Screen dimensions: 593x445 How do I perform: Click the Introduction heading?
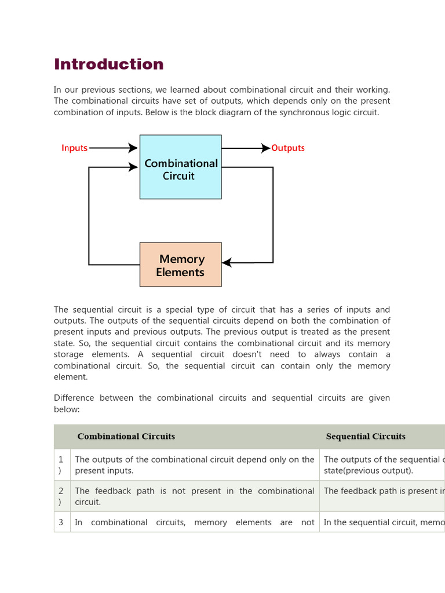tap(109, 64)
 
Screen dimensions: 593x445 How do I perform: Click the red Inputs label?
tap(74, 148)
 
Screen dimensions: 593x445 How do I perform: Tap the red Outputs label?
tap(288, 148)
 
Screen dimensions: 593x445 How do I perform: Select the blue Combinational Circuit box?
tap(180, 167)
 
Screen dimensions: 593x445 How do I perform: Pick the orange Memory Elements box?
tap(180, 265)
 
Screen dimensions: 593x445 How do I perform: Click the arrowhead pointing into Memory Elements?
tap(227, 262)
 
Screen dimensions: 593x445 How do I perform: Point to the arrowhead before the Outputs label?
tap(266, 148)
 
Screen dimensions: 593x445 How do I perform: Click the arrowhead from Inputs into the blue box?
tap(134, 148)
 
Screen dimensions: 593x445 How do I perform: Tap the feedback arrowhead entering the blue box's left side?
tap(134, 167)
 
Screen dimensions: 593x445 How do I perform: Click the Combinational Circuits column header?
tap(126, 437)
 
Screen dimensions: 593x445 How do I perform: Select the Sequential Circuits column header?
tap(366, 437)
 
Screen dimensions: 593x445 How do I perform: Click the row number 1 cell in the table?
tap(61, 464)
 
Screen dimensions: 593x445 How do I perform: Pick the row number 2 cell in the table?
tap(61, 496)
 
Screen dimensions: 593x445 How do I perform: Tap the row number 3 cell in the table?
tap(61, 522)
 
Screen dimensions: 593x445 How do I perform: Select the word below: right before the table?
tap(67, 409)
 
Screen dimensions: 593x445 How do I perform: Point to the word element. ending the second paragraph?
tap(71, 377)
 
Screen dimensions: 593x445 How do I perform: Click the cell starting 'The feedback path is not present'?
tap(194, 496)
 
